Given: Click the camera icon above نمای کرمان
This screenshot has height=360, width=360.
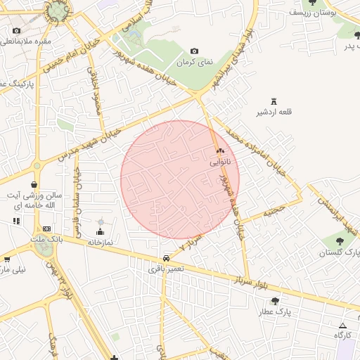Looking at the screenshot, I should click(195, 51).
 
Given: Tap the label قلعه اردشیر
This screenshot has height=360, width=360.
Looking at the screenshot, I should click(274, 112).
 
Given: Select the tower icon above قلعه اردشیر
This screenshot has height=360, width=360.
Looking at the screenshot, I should click(274, 101).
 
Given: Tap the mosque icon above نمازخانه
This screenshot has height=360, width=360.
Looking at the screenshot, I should click(99, 231).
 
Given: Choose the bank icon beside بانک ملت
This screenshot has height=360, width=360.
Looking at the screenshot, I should click(46, 229).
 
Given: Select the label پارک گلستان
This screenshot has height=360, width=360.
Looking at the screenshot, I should click(344, 252).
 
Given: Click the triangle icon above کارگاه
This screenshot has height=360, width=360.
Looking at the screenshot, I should click(342, 325).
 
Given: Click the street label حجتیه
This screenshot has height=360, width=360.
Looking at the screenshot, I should click(274, 210).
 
